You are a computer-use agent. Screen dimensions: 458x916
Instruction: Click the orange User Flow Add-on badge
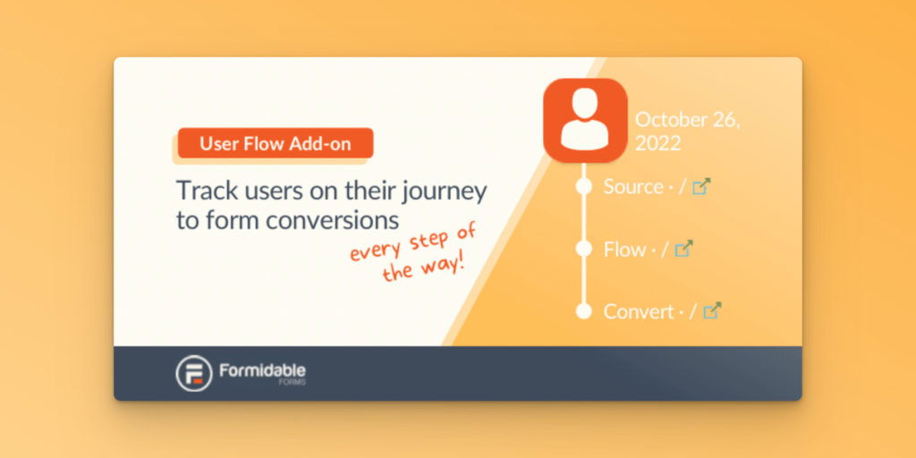[275, 143]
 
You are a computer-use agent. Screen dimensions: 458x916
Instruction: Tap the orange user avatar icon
[584, 121]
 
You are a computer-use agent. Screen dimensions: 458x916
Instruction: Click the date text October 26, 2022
[687, 131]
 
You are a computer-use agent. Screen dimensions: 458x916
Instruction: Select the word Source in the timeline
[632, 187]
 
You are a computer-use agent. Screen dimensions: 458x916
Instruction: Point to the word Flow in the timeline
[624, 250]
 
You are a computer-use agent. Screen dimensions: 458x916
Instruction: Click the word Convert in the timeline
[638, 311]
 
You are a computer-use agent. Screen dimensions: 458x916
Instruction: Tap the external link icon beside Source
[702, 187]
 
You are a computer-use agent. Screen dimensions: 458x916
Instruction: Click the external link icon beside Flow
[683, 250]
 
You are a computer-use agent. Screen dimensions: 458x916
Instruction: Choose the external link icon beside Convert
[712, 311]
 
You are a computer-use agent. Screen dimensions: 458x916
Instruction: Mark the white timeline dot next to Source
[584, 187]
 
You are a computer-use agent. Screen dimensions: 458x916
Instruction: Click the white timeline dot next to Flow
[584, 249]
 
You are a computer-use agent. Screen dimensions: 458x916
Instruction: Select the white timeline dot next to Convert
[584, 311]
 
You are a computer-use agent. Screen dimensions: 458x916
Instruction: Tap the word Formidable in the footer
[262, 369]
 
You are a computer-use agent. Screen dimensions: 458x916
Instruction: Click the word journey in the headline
[445, 191]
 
